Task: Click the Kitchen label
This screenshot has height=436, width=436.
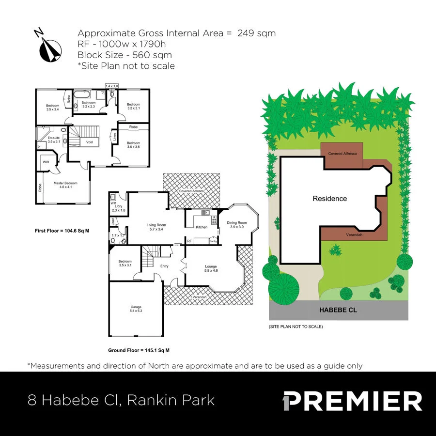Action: [x=201, y=227]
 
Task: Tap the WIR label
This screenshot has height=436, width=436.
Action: [x=46, y=161]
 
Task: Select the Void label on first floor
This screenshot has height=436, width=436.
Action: [x=89, y=142]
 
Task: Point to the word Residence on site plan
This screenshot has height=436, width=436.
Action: [x=329, y=199]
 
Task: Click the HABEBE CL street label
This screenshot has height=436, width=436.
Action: [x=338, y=310]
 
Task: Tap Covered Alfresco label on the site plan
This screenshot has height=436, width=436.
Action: [x=342, y=154]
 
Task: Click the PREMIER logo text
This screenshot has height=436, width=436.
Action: [x=353, y=402]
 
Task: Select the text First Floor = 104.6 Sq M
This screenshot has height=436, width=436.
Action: [x=62, y=231]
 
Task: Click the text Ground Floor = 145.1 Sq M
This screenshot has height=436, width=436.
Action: [x=139, y=350]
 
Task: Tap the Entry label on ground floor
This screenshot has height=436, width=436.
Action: [x=164, y=266]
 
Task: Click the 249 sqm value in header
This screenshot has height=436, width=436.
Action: [x=256, y=33]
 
